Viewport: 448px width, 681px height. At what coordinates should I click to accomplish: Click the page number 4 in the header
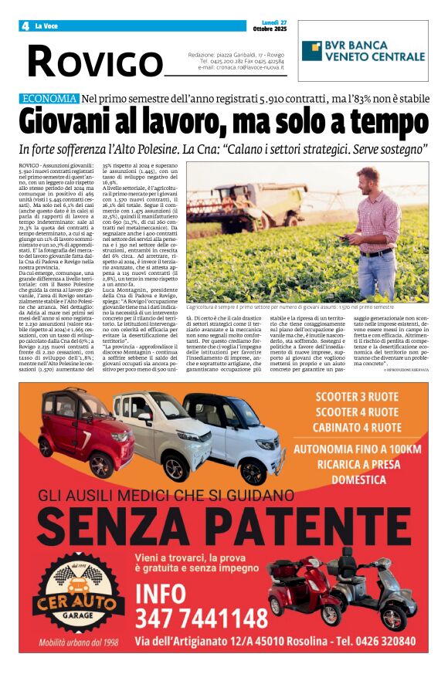click(25, 25)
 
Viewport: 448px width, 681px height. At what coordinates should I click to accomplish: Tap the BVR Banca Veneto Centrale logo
click(363, 51)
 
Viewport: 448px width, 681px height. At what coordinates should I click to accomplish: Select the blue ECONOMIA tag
click(49, 99)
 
